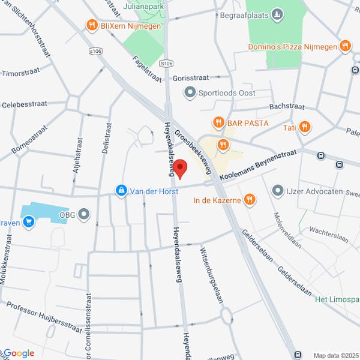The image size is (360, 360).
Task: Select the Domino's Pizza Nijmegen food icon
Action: [x=345, y=46]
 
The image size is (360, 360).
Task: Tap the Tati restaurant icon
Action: [x=305, y=127]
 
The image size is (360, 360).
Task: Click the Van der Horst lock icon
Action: [x=121, y=191]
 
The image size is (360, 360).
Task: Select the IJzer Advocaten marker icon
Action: [x=277, y=191]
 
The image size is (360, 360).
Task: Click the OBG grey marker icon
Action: [x=83, y=214]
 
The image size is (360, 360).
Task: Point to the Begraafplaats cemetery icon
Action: [x=277, y=14]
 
